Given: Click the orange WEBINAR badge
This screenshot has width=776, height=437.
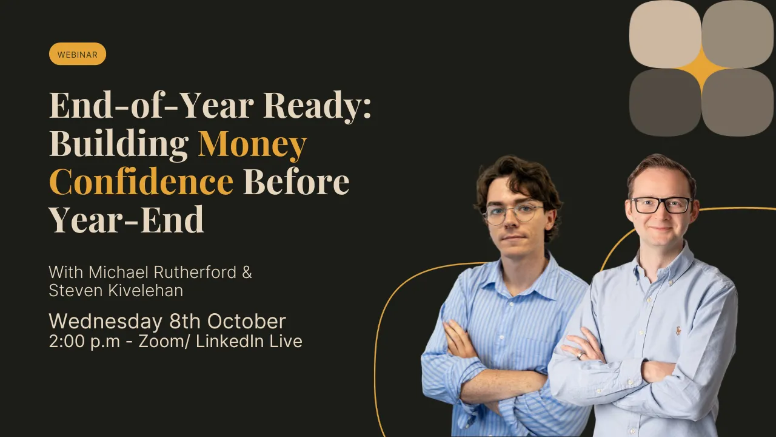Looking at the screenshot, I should pos(78,54).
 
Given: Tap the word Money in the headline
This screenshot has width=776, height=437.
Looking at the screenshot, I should pos(252,143).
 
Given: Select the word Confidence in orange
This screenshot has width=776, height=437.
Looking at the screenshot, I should pos(141,181).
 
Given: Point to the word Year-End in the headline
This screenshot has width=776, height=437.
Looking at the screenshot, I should pos(126,220).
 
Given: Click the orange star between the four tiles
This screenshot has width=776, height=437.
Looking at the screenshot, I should pos(702,69).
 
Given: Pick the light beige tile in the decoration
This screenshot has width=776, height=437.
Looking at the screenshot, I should pos(665,33).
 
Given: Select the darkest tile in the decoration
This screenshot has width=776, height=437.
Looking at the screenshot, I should pos(665,103).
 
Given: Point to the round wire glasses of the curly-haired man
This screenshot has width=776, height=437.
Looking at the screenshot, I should pos(512,213).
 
